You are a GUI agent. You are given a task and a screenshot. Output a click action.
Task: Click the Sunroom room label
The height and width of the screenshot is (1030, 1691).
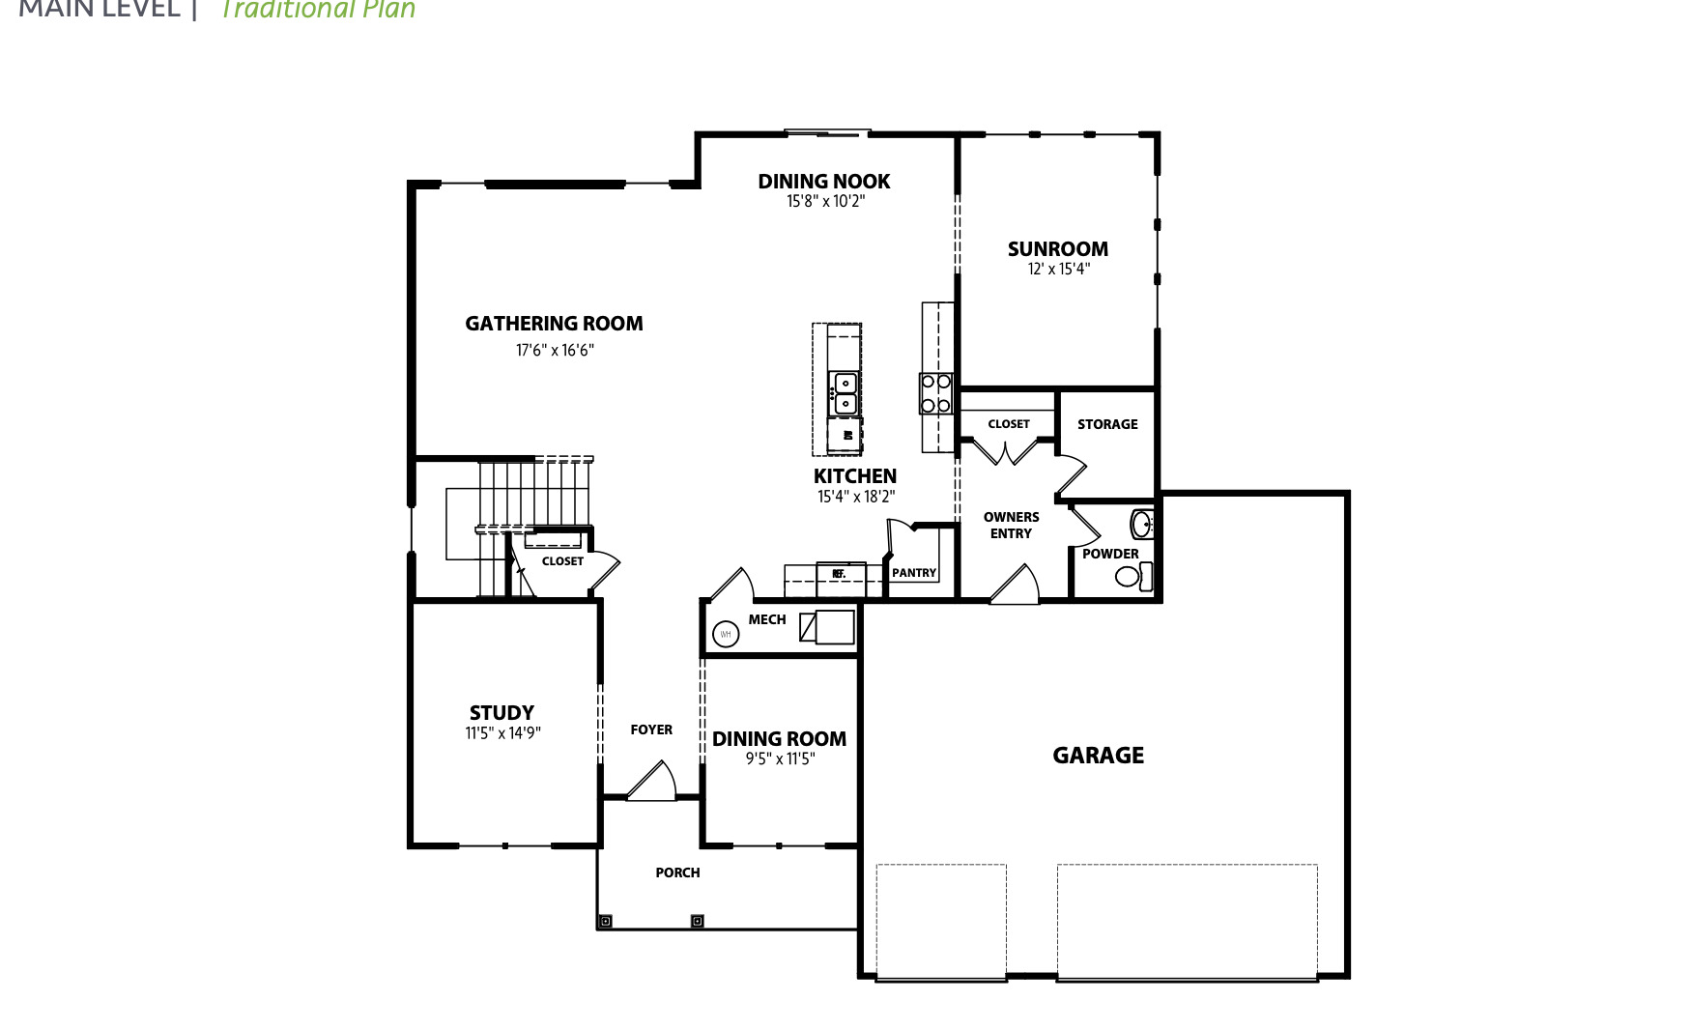tap(1057, 249)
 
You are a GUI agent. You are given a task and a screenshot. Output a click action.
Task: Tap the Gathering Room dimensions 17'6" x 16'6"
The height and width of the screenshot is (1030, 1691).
tap(554, 351)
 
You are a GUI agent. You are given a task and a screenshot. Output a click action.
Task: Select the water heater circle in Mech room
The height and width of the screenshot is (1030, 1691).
tap(725, 635)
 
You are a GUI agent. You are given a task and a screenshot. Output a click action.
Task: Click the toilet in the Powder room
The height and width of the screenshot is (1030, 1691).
tap(1131, 577)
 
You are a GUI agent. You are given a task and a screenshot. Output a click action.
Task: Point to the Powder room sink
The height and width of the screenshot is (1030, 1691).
tap(1142, 526)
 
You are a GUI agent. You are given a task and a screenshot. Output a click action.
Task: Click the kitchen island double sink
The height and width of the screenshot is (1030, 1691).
tap(845, 391)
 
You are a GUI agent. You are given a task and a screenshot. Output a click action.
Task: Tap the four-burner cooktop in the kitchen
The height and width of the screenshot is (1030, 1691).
tap(935, 393)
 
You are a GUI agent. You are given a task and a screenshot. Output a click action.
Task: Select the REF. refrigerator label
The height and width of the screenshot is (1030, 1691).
tap(838, 574)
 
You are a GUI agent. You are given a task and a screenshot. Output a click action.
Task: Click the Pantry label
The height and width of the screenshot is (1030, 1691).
tap(913, 573)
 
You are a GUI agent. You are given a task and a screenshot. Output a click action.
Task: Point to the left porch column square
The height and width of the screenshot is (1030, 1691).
tap(605, 922)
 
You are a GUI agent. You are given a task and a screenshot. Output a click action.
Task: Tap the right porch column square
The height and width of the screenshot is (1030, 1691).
tap(697, 922)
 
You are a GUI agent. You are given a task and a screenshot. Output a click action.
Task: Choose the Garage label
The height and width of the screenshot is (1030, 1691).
tap(1098, 756)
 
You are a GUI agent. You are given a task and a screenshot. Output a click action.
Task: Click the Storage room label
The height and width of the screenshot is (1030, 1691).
tap(1107, 424)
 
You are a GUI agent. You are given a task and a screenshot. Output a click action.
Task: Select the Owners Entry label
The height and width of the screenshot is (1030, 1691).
tap(1011, 525)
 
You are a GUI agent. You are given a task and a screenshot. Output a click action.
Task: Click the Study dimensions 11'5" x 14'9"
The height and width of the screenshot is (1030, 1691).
tap(502, 733)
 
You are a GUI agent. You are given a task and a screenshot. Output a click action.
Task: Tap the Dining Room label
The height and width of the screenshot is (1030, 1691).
tap(779, 739)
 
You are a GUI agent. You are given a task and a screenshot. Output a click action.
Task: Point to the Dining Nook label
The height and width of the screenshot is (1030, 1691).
tap(823, 182)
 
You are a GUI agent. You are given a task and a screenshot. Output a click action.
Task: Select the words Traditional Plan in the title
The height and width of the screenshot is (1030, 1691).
tap(318, 10)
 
